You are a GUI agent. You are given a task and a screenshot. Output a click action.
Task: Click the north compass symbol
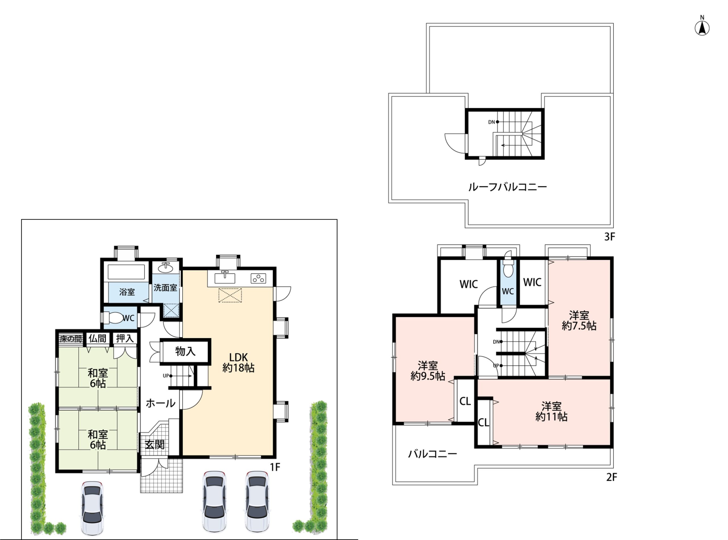click(x=702, y=28)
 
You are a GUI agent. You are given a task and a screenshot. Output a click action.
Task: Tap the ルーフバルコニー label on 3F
click(x=507, y=187)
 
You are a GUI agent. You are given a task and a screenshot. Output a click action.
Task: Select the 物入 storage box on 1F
click(x=185, y=351)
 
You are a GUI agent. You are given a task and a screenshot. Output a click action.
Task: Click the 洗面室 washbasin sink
click(x=166, y=268)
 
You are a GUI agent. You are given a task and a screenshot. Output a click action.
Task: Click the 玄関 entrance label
click(x=154, y=444)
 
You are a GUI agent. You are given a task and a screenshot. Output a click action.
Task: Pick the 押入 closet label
click(x=125, y=338)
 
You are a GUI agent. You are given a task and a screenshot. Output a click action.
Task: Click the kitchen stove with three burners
click(x=258, y=278)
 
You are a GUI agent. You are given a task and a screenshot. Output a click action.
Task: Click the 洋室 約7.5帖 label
click(x=579, y=320)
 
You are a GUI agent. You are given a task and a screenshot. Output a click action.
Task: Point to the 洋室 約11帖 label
click(x=551, y=411)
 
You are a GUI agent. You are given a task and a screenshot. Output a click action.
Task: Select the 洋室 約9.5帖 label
click(x=428, y=371)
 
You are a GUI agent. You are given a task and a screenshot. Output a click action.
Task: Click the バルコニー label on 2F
click(x=432, y=454)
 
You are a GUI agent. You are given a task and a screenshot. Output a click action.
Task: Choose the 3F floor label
click(x=609, y=237)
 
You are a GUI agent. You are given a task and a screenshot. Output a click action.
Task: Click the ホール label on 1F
click(x=160, y=403)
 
